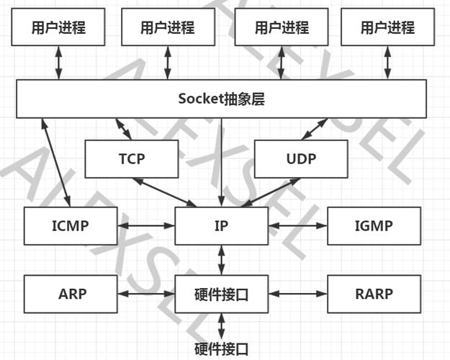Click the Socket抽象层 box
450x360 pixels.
click(x=221, y=99)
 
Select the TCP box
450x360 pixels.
click(x=132, y=159)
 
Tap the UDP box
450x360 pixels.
click(x=301, y=159)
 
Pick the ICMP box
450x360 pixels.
click(x=70, y=225)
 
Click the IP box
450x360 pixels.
click(x=221, y=225)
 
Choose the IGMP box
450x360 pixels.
click(x=373, y=225)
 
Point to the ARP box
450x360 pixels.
click(x=70, y=294)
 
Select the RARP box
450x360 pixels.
click(x=373, y=294)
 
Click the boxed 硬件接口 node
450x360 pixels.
click(x=221, y=294)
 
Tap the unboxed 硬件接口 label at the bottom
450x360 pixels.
click(x=222, y=350)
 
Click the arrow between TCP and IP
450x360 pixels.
click(x=163, y=192)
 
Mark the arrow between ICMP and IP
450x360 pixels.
click(x=145, y=225)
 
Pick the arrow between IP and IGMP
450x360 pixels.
click(x=297, y=225)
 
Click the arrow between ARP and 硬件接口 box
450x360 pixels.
click(x=145, y=294)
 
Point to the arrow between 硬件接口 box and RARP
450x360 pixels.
click(x=297, y=294)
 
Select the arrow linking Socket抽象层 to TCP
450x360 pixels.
click(x=123, y=129)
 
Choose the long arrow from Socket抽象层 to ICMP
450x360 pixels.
click(x=58, y=163)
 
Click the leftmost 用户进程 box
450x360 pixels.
click(x=58, y=28)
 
